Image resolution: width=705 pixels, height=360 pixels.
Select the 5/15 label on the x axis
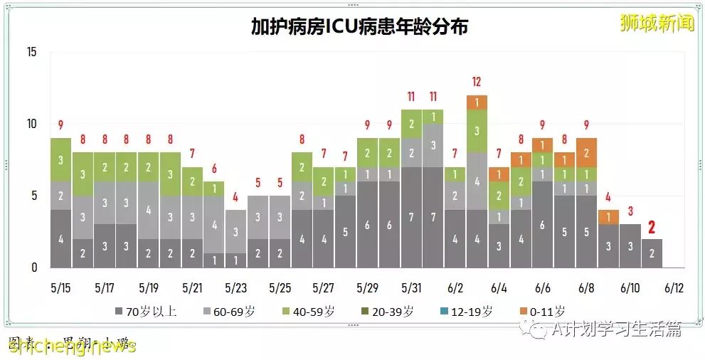[x=61, y=288]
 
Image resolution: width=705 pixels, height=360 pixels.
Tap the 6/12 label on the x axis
[x=674, y=288]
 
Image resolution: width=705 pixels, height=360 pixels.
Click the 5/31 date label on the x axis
[x=410, y=288]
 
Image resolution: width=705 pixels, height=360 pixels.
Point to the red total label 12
[x=477, y=81]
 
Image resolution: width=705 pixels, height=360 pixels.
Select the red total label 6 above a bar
[x=215, y=169]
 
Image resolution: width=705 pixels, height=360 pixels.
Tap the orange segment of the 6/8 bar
[x=586, y=152]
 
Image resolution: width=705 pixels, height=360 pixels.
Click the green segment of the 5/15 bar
[x=61, y=159]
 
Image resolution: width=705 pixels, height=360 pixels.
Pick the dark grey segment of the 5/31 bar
[x=410, y=217]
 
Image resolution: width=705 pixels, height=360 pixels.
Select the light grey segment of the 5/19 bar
[x=149, y=210]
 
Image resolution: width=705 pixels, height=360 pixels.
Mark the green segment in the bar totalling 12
[x=477, y=131]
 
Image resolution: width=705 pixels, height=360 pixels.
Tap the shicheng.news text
[x=71, y=346]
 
